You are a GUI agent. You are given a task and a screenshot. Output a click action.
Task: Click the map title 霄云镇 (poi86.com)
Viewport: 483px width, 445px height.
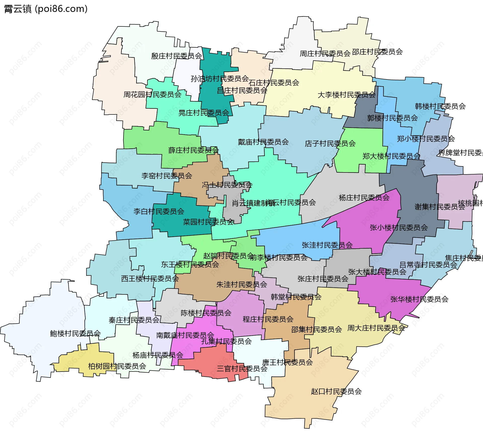tap(46, 9)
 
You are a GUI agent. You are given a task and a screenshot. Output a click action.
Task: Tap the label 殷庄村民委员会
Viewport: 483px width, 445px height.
tap(176, 56)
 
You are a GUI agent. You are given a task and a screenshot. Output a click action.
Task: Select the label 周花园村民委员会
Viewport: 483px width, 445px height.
tap(152, 95)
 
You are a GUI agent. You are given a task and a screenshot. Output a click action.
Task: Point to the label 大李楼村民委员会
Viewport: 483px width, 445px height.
tap(346, 95)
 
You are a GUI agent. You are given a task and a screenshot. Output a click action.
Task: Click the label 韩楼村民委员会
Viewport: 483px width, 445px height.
tap(440, 106)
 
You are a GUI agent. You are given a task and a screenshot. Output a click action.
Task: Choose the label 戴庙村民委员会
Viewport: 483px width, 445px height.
tap(263, 142)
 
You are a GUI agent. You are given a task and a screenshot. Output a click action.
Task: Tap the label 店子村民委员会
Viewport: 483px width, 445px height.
tap(330, 144)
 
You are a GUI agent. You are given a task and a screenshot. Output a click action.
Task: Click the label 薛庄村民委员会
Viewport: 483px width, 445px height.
tap(193, 150)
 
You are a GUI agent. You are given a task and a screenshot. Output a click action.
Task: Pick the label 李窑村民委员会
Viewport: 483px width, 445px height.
tap(167, 176)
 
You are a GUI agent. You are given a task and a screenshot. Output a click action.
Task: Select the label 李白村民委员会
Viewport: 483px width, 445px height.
tap(159, 211)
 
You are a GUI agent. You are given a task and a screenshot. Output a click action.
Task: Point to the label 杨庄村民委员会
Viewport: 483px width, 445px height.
tap(364, 198)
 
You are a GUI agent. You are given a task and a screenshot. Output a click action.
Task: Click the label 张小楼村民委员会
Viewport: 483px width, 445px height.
tap(399, 228)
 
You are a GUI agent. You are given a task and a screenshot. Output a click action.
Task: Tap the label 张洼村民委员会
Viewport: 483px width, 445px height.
tap(327, 245)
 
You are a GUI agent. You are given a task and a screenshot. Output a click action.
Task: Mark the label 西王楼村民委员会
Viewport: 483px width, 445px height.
tap(150, 279)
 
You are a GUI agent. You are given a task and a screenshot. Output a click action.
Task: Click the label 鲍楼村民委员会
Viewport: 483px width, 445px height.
tap(75, 334)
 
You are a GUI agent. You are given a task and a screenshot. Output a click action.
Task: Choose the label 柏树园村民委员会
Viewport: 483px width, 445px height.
tap(117, 366)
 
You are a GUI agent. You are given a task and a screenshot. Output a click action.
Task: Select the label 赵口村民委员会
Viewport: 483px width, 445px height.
tap(336, 391)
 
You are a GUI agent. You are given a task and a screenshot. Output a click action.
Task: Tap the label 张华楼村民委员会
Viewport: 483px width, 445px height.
tap(419, 299)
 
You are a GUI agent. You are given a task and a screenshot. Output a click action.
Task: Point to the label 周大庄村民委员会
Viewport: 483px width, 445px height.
tap(376, 328)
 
